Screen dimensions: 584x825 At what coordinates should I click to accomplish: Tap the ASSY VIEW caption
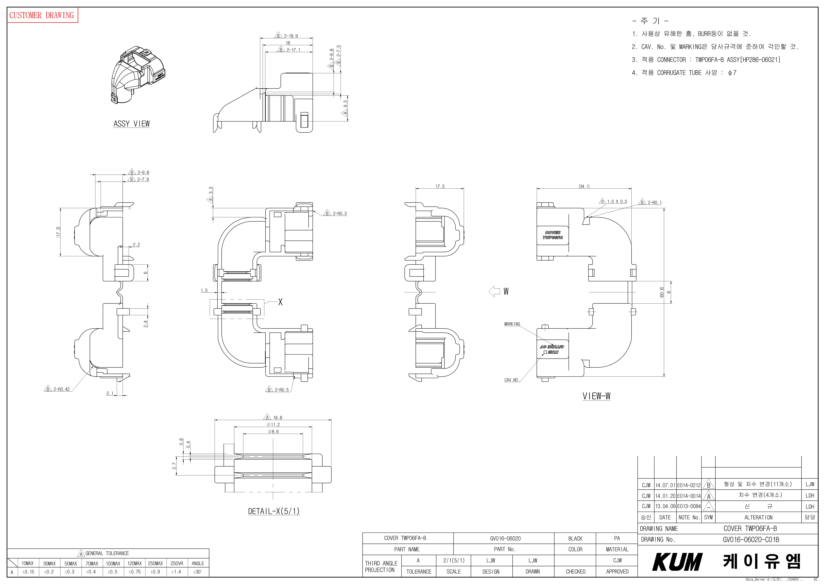click(132, 124)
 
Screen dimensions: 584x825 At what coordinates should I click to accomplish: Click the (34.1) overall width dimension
click(584, 186)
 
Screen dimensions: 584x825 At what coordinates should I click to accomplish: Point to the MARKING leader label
click(512, 324)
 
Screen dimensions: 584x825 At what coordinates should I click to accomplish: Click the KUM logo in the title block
click(677, 562)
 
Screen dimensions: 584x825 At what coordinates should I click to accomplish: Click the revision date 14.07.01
click(665, 485)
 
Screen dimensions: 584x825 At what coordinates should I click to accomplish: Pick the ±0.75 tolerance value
click(134, 572)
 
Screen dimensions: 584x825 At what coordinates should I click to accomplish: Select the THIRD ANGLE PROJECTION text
click(381, 566)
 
